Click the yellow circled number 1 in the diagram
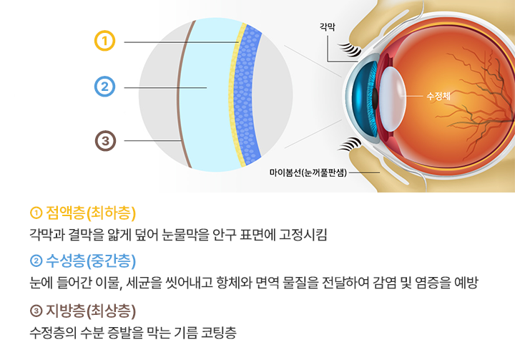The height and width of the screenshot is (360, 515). point(104,41)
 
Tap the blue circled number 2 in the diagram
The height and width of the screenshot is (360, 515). point(104,87)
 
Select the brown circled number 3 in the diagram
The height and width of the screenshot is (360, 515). point(105,141)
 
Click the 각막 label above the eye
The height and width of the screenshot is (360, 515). point(328,26)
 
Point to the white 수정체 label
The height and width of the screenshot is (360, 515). point(438,96)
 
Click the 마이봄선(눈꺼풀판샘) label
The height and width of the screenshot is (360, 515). point(308,172)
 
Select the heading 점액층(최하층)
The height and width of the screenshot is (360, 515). point(91,213)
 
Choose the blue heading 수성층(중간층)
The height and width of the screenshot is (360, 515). point(91,261)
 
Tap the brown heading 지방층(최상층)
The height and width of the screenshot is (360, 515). point(91,311)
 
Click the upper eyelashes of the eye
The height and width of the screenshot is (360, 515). point(350,49)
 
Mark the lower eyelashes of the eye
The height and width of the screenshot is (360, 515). point(350,145)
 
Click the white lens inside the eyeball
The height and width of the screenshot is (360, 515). point(393,99)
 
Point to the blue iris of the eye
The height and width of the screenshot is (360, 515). point(365,99)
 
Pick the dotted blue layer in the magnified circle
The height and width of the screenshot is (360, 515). point(245,95)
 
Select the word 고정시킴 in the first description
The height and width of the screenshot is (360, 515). point(303,235)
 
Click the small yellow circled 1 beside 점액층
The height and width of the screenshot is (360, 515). point(36,213)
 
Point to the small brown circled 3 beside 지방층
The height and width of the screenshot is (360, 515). point(36,311)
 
